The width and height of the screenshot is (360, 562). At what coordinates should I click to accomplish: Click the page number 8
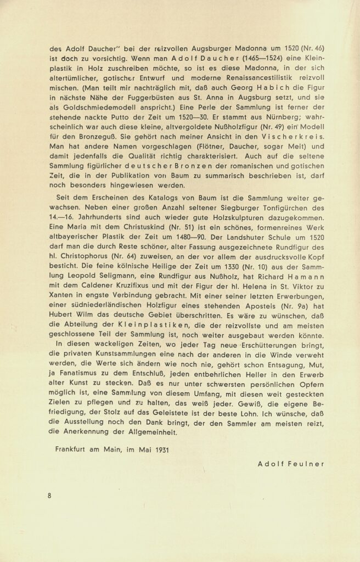point(49,496)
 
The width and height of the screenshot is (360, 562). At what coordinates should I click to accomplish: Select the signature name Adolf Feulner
point(291,463)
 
